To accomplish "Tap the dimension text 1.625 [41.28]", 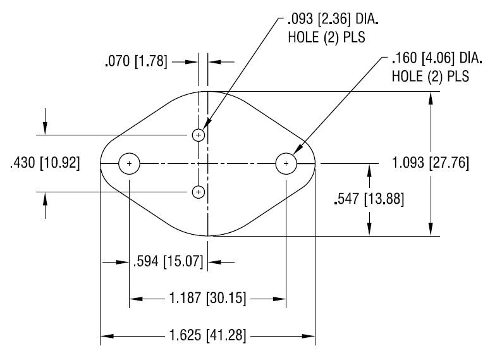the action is click(x=207, y=335).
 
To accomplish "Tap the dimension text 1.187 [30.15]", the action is click(x=207, y=298).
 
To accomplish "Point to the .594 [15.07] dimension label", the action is click(x=168, y=261).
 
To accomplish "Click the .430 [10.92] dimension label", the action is click(x=45, y=163).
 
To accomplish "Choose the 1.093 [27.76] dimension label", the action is click(x=431, y=163).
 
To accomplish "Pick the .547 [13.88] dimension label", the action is click(x=369, y=199).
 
